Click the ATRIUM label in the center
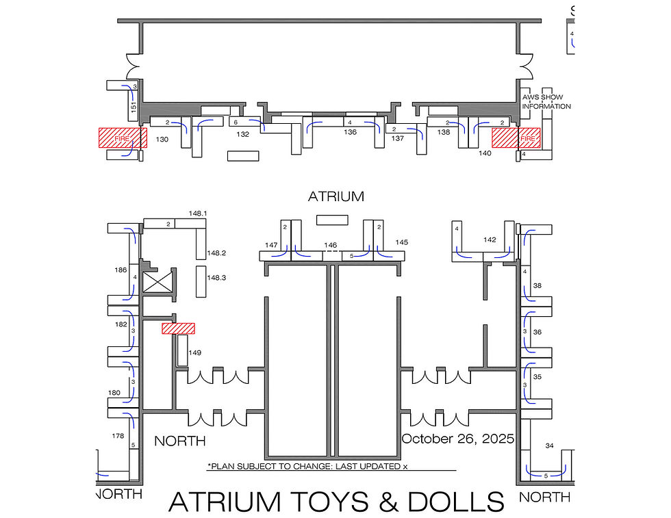335,196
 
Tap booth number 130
162,140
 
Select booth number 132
242,135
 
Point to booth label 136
350,133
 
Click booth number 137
398,139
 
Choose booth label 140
485,153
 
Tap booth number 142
490,239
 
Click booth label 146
331,244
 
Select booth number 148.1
198,213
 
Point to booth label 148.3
216,278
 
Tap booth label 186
121,270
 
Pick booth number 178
118,436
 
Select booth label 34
548,445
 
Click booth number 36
537,332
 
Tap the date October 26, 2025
457,439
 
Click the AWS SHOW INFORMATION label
546,102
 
